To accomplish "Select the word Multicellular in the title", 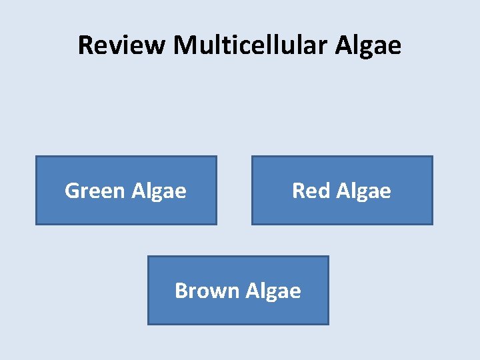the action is [x=251, y=45].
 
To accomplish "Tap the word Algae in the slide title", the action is [x=368, y=45].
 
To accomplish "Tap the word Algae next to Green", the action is [x=159, y=192].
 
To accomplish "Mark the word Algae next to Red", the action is [x=363, y=192].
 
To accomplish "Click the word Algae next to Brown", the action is [x=273, y=291].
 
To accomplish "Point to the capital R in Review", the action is [x=85, y=45].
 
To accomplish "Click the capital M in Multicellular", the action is [x=184, y=45].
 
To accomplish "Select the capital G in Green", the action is [x=72, y=191].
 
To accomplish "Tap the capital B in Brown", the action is [x=181, y=291].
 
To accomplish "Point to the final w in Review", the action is [x=156, y=46].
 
